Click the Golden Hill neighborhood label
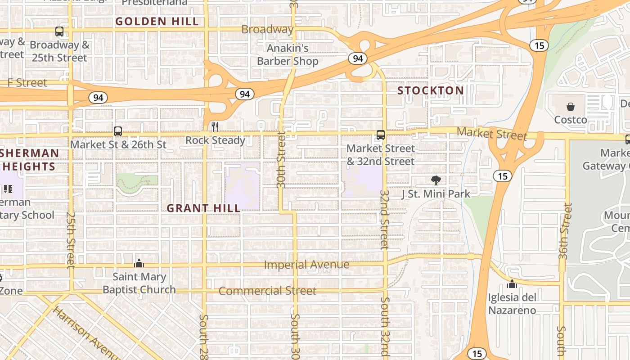click(157, 21)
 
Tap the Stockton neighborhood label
click(430, 90)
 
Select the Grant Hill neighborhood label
click(203, 208)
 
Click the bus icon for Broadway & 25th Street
click(59, 31)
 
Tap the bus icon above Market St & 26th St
click(118, 131)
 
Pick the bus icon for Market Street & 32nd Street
click(381, 135)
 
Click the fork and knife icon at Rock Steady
click(215, 127)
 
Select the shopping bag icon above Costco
click(571, 107)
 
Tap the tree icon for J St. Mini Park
click(436, 180)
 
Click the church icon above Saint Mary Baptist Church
click(139, 263)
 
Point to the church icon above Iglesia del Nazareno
click(512, 284)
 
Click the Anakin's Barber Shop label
click(288, 54)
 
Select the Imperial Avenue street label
click(306, 264)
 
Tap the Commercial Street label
click(267, 291)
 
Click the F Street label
click(27, 82)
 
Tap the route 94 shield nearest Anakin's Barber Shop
click(358, 58)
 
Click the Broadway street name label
click(267, 29)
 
